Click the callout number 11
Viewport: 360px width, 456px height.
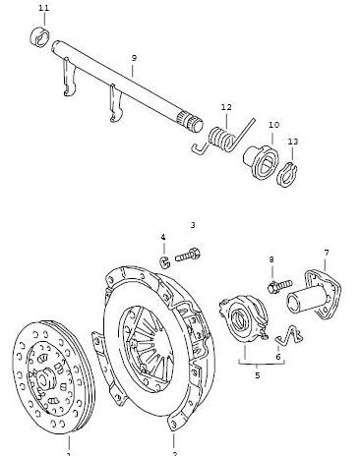pyautogui.click(x=44, y=8)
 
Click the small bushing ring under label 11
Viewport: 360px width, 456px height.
pyautogui.click(x=40, y=36)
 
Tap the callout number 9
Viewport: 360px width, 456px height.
pyautogui.click(x=134, y=58)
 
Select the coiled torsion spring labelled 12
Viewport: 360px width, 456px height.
pyautogui.click(x=223, y=137)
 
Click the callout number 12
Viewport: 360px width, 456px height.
pyautogui.click(x=226, y=107)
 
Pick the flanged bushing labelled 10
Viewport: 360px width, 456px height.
pyautogui.click(x=261, y=161)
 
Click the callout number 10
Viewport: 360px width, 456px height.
pyautogui.click(x=273, y=125)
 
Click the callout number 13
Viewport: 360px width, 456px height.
pyautogui.click(x=293, y=142)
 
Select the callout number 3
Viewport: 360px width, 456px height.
pyautogui.click(x=193, y=225)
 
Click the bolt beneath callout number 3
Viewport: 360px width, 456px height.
pyautogui.click(x=188, y=255)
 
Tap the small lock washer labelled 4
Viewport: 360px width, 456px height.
pyautogui.click(x=164, y=262)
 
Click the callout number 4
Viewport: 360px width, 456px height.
pyautogui.click(x=163, y=237)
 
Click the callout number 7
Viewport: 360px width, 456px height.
pyautogui.click(x=326, y=253)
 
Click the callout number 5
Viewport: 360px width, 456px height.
pyautogui.click(x=257, y=375)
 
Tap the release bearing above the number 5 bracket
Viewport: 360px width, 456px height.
pyautogui.click(x=244, y=317)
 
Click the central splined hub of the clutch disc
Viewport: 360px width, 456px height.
pyautogui.click(x=43, y=379)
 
